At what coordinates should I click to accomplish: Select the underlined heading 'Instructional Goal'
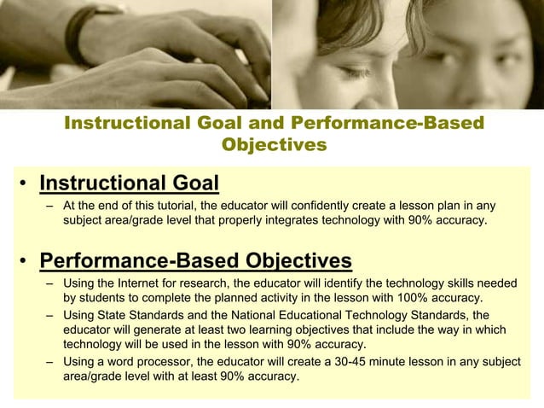click(130, 184)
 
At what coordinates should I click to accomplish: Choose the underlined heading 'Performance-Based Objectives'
click(195, 259)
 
